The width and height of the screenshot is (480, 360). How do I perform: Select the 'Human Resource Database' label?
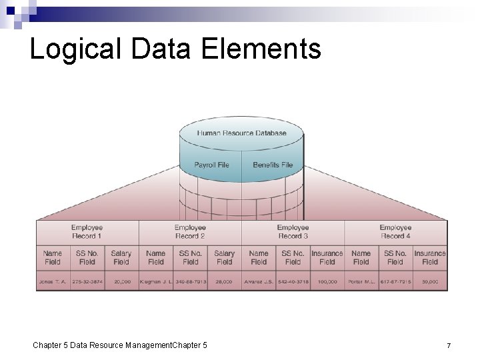241,133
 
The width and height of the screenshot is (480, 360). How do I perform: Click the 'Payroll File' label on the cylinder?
211,165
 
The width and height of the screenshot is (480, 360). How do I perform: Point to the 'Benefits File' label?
273,165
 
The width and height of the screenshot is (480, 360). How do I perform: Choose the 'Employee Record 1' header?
87,232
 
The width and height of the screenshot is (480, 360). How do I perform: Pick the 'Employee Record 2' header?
190,232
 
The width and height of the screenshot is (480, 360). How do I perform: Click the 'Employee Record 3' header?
293,232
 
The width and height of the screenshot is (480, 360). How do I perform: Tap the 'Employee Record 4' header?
395,232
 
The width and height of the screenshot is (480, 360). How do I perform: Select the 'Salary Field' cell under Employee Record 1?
121,257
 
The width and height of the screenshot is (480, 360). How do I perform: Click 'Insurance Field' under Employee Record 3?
327,257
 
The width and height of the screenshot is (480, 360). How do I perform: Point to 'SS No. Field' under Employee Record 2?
190,257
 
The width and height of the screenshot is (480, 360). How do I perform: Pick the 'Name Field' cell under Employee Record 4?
361,257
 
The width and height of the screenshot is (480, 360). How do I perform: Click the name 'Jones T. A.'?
53,282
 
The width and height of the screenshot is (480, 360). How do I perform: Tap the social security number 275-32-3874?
87,282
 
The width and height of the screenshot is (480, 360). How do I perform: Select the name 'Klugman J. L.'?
156,282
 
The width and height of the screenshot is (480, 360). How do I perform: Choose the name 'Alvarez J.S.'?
259,282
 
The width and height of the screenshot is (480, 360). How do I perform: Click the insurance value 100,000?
327,282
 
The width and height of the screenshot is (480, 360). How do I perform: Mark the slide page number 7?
449,345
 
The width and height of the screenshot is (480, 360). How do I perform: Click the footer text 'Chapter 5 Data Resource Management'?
100,345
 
